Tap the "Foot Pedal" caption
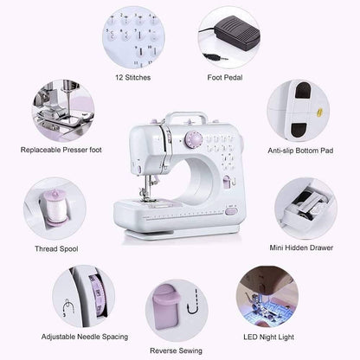[224, 77]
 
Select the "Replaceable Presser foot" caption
[61, 150]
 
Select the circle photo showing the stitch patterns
[133, 36]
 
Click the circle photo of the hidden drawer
[305, 208]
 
